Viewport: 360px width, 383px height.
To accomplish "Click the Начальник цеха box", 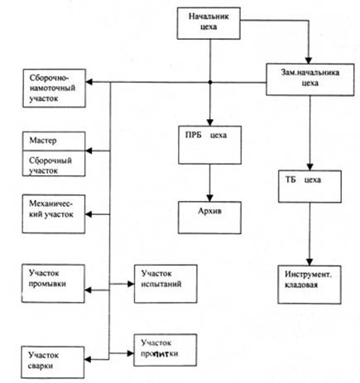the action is pyautogui.click(x=209, y=23).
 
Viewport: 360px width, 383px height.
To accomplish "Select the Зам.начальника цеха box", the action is pyautogui.click(x=310, y=79).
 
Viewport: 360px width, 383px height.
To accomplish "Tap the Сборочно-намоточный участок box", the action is pyautogui.click(x=54, y=89).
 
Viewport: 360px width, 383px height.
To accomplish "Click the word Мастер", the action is pyautogui.click(x=43, y=141).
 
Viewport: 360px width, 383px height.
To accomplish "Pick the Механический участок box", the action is pyautogui.click(x=54, y=214).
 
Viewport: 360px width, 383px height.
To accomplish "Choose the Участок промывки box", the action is pyautogui.click(x=53, y=284).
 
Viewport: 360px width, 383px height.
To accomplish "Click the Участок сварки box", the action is pyautogui.click(x=53, y=362).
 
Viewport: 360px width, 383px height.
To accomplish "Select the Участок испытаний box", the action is pyautogui.click(x=166, y=284).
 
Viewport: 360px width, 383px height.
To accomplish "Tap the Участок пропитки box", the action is pyautogui.click(x=166, y=350).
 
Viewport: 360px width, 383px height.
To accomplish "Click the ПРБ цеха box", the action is pyautogui.click(x=209, y=145).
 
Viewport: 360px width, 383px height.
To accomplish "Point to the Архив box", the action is pyautogui.click(x=209, y=218).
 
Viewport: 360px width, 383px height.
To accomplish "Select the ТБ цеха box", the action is pyautogui.click(x=310, y=187).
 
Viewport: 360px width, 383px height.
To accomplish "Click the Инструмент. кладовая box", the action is pyautogui.click(x=310, y=285).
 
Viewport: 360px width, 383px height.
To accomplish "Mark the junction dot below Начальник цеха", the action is pyautogui.click(x=210, y=82).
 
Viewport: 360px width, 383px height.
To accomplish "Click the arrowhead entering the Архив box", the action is pyautogui.click(x=209, y=199).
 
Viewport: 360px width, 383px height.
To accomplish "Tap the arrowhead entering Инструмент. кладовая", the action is pyautogui.click(x=310, y=262).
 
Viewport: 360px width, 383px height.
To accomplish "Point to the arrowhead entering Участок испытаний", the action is pyautogui.click(x=131, y=284).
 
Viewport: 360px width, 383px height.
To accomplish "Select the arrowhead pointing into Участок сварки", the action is pyautogui.click(x=88, y=359).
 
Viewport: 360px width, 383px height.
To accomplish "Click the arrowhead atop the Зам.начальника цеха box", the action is pyautogui.click(x=309, y=60).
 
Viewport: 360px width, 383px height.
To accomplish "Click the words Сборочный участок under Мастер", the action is pyautogui.click(x=50, y=165).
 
